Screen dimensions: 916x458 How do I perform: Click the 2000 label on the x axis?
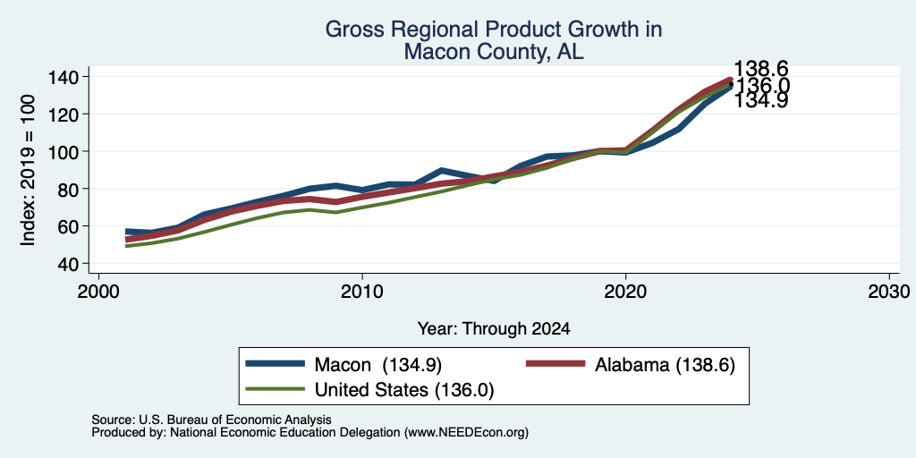click(98, 292)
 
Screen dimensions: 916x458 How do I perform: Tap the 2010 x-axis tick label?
click(362, 292)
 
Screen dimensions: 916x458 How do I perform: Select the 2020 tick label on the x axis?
click(625, 292)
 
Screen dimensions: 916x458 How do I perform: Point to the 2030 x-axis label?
click(889, 292)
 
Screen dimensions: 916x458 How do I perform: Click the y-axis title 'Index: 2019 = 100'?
click(28, 170)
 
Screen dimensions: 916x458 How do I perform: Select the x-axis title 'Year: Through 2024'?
click(494, 329)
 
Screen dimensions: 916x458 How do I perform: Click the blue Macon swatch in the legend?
click(276, 364)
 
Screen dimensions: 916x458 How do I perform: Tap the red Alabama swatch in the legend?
click(556, 364)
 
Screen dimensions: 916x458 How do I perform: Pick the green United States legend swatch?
click(276, 389)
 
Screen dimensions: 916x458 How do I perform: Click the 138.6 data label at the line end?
click(760, 69)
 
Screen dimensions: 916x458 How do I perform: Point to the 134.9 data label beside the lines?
click(760, 100)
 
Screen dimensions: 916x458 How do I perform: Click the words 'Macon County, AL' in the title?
click(494, 53)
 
